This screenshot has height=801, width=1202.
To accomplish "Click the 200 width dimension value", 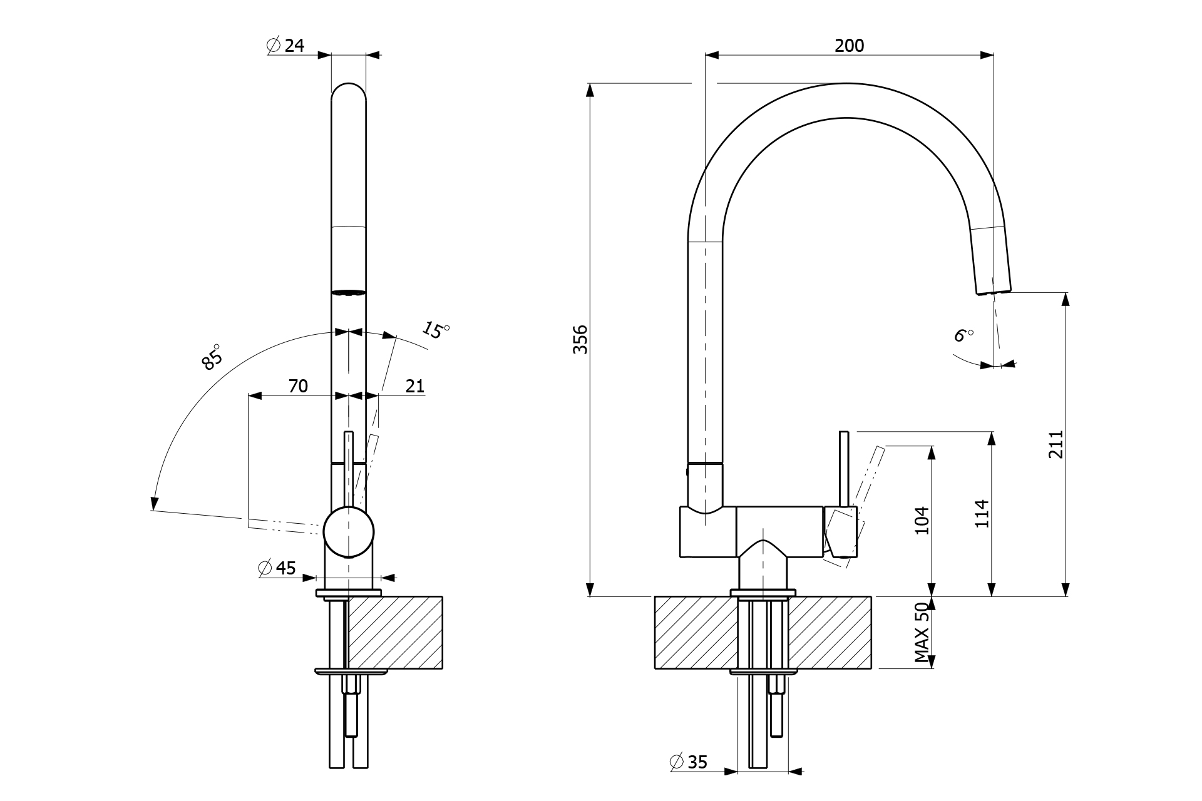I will tap(849, 45).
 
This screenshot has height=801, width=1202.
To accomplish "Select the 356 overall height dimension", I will tap(581, 339).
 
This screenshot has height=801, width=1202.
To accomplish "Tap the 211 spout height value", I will tap(1056, 444).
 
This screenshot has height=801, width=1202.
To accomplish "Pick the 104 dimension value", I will tap(922, 520).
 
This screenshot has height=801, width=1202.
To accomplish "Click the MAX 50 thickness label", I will tap(922, 633).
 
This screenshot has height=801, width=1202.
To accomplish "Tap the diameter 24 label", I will tap(285, 45).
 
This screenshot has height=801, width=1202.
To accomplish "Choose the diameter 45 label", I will tap(277, 568).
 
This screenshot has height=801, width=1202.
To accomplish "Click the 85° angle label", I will tap(212, 357).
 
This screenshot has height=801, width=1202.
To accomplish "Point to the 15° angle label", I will tap(436, 329).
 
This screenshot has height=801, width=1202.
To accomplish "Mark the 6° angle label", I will tap(963, 335).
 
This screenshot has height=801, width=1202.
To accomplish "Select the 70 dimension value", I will tap(298, 386).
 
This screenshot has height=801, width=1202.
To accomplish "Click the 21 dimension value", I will tap(414, 386).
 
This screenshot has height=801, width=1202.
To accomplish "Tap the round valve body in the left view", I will tap(349, 532).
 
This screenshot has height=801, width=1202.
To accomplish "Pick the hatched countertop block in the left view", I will tap(395, 632).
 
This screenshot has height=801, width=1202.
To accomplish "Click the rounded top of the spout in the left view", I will tap(348, 91).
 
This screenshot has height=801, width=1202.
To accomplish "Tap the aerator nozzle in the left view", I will tap(348, 292).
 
